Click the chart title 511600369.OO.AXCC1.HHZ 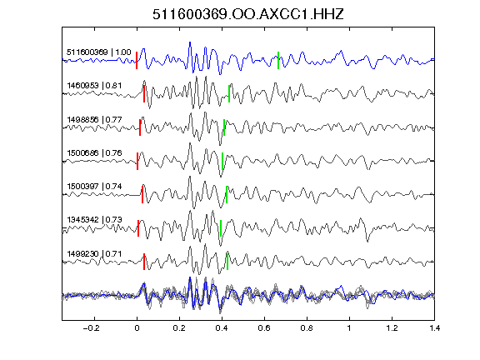point(248,14)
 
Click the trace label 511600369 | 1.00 point(99,52)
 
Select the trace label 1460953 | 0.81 point(94,85)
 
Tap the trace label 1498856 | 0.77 point(94,119)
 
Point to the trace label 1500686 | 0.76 point(94,152)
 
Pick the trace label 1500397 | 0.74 point(94,186)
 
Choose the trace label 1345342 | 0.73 point(94,220)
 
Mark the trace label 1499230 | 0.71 point(94,254)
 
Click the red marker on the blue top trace point(137,60)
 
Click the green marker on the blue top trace point(278,60)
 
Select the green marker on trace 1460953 point(229,93)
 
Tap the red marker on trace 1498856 point(140,127)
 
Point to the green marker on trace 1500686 point(222,161)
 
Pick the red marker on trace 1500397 point(142,194)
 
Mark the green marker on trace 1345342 point(221,228)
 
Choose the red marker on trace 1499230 point(144,262)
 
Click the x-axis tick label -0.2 point(91,328)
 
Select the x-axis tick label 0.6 point(264,328)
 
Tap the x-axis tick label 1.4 point(434,328)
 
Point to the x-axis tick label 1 point(349,328)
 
